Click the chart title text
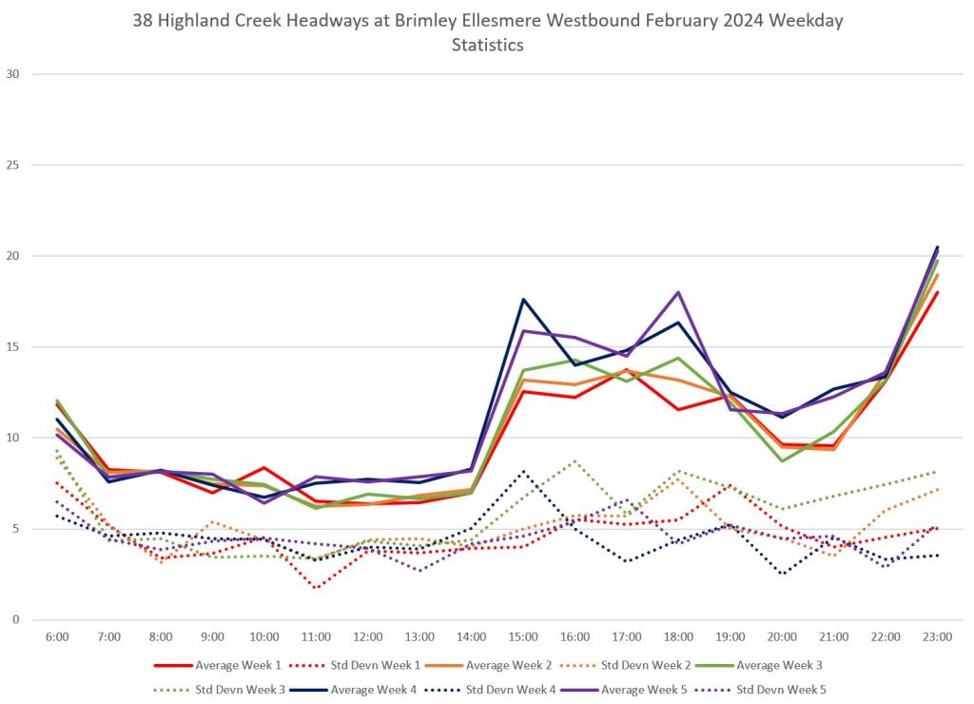pos(487,32)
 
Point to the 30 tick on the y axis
pos(13,74)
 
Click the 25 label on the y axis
pos(13,165)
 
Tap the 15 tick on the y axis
pos(13,347)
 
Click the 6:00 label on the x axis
pos(57,636)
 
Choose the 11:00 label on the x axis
pos(316,636)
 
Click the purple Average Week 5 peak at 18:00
pos(678,292)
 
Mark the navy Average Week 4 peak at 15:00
pos(523,300)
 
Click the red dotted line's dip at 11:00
pos(316,588)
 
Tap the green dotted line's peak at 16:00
pos(575,461)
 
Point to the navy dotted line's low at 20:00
pos(782,574)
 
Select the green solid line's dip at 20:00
pos(782,461)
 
